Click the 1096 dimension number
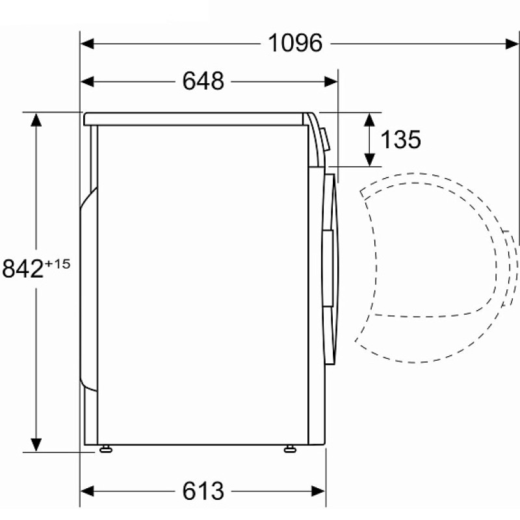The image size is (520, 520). [295, 43]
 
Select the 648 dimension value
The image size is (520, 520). [203, 81]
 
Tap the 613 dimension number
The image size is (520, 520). [203, 491]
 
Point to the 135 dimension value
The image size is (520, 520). [400, 139]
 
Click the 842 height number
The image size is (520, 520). [23, 268]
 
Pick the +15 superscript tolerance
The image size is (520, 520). [58, 264]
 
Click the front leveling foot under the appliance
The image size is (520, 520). [290, 448]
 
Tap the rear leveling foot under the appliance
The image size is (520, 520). [106, 448]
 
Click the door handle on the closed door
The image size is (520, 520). [328, 267]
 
